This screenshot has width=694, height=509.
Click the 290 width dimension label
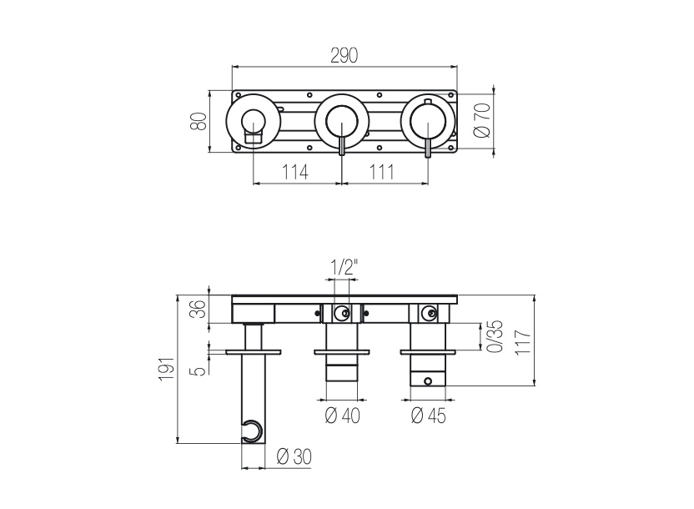coord(344,55)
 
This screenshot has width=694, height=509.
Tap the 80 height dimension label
coord(199,121)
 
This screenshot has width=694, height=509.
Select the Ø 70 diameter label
coord(481,120)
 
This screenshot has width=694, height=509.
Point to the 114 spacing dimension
coord(295,172)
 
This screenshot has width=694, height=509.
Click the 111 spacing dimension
coord(382,172)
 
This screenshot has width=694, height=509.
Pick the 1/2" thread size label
coord(344,269)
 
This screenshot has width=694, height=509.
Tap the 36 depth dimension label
coord(197,309)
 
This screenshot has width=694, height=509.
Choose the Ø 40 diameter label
coord(343,415)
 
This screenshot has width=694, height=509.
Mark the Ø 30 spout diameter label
coord(293,456)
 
